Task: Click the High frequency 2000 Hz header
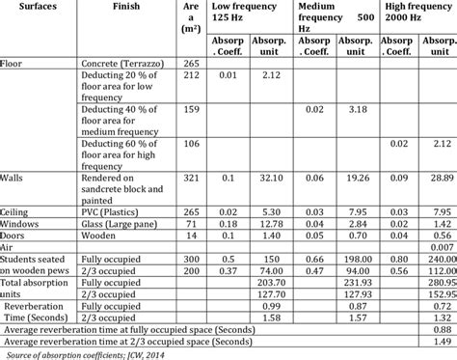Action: click(415, 16)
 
